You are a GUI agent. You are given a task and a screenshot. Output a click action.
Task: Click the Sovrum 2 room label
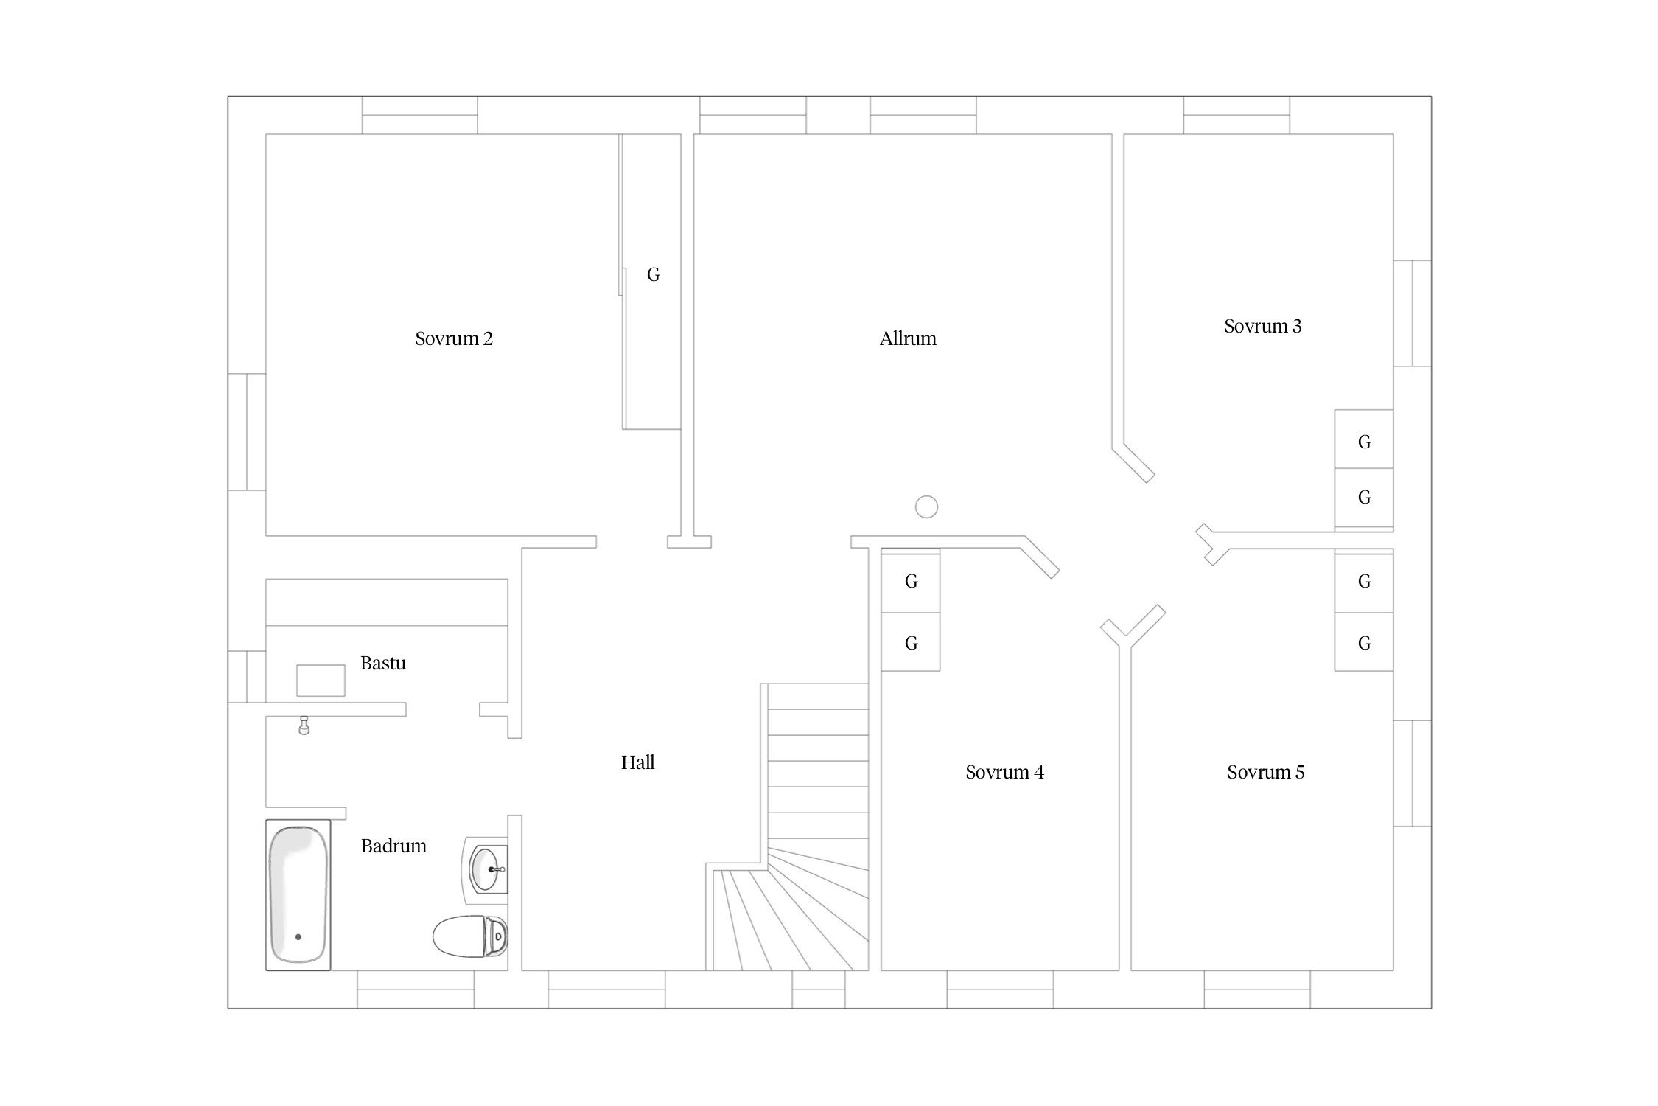coord(454,338)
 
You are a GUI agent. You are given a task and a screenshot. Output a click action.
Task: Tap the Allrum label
coord(908,338)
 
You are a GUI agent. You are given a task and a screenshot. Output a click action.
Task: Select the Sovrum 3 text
coord(1263,326)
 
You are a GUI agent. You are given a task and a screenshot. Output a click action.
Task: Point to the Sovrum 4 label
coord(1004,772)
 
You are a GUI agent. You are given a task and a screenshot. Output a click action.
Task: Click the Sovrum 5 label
coord(1265,772)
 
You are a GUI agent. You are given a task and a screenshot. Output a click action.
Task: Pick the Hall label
coord(638,762)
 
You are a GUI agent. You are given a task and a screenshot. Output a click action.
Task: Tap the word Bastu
coord(383,663)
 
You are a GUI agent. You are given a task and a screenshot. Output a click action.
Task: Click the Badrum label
coord(393,846)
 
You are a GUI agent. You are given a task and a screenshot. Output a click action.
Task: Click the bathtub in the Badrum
coord(298,895)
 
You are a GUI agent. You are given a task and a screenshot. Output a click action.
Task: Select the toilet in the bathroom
coord(470,936)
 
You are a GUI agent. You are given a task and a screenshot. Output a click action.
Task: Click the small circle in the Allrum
coord(926,507)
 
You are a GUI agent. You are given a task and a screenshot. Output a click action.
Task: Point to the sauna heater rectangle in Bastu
coord(321,681)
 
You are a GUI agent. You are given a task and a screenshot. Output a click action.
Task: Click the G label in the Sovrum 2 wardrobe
coord(653,275)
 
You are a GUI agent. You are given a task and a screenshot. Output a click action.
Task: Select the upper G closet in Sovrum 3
coord(1364,439)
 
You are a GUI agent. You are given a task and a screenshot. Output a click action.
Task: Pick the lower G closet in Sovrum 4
coord(911,642)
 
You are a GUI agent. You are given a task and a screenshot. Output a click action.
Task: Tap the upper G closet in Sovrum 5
coord(1364,582)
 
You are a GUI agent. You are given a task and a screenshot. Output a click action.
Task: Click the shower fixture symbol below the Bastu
coord(303,726)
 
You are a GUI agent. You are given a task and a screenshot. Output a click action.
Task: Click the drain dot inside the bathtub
coord(298,937)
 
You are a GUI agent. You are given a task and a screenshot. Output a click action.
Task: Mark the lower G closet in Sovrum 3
coord(1364,498)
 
